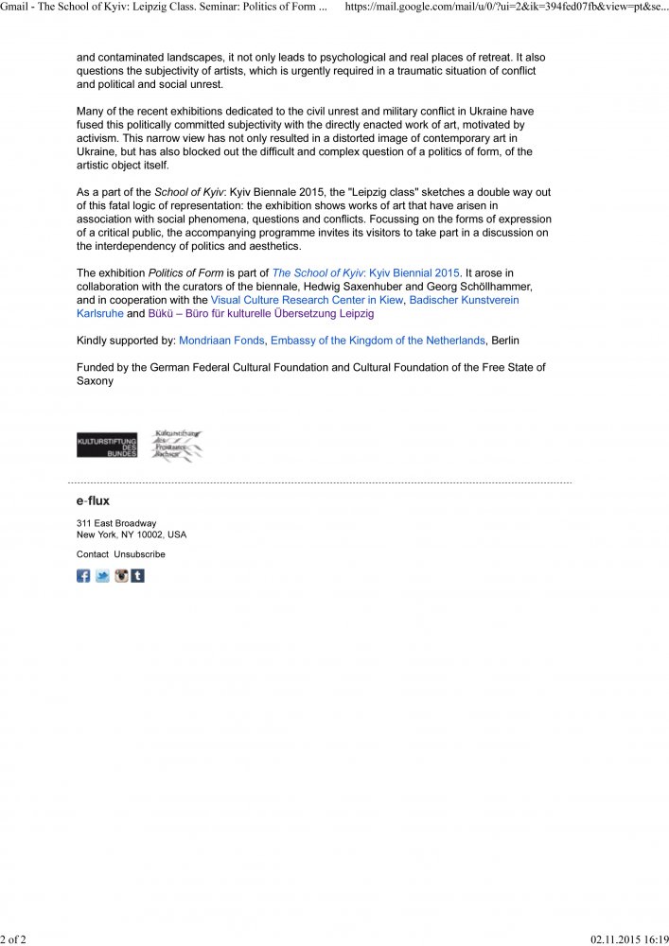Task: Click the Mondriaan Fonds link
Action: [x=222, y=340]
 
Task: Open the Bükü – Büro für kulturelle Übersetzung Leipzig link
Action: [x=261, y=313]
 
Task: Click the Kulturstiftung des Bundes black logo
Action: [x=107, y=445]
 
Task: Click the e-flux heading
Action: [x=93, y=500]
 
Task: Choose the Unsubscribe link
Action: [x=139, y=554]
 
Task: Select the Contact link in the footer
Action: [x=92, y=554]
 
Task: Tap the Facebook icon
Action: [x=83, y=575]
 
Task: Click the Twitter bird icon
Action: [x=102, y=575]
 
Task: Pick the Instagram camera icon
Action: [x=121, y=575]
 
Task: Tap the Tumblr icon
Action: [x=138, y=575]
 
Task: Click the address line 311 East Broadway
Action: [x=116, y=523]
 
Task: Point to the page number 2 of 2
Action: [x=15, y=937]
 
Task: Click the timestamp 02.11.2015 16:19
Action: [x=628, y=937]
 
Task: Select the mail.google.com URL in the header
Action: [x=505, y=7]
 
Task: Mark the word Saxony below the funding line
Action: [x=95, y=381]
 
